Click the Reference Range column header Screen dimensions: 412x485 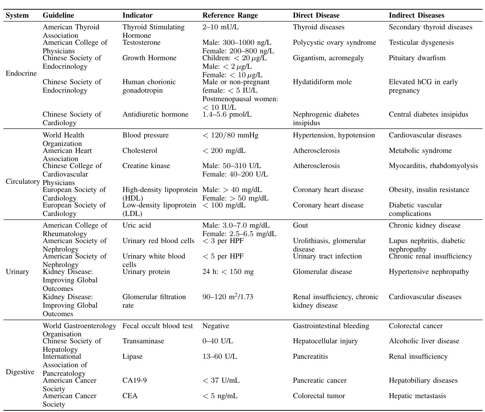pyautogui.click(x=230, y=15)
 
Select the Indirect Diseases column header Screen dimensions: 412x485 pyautogui.click(x=416, y=15)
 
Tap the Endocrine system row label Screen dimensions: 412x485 pyautogui.click(x=21, y=73)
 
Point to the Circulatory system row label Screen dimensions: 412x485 pyautogui.click(x=23, y=182)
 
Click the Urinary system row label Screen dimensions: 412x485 pyautogui.click(x=17, y=272)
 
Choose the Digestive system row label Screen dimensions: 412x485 pyautogui.click(x=20, y=372)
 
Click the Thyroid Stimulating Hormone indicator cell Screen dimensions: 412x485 pyautogui.click(x=153, y=31)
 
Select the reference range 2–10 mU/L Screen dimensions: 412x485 pyautogui.click(x=220, y=27)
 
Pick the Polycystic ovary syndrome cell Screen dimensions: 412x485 pyautogui.click(x=334, y=43)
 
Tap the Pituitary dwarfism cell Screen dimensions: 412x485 pyautogui.click(x=417, y=58)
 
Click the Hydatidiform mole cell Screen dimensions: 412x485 pyautogui.click(x=322, y=82)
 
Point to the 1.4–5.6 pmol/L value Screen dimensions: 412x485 pyautogui.click(x=227, y=114)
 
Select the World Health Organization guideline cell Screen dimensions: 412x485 pyautogui.click(x=63, y=139)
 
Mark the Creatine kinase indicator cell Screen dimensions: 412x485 pyautogui.click(x=146, y=166)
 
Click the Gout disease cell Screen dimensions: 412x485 pyautogui.click(x=300, y=225)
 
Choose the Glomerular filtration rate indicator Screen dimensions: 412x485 pyautogui.click(x=154, y=301)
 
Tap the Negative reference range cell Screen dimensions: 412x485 pyautogui.click(x=216, y=326)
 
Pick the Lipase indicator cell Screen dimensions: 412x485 pyautogui.click(x=132, y=357)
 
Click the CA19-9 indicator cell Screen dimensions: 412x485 pyautogui.click(x=134, y=380)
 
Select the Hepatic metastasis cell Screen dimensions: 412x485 pyautogui.click(x=417, y=396)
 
